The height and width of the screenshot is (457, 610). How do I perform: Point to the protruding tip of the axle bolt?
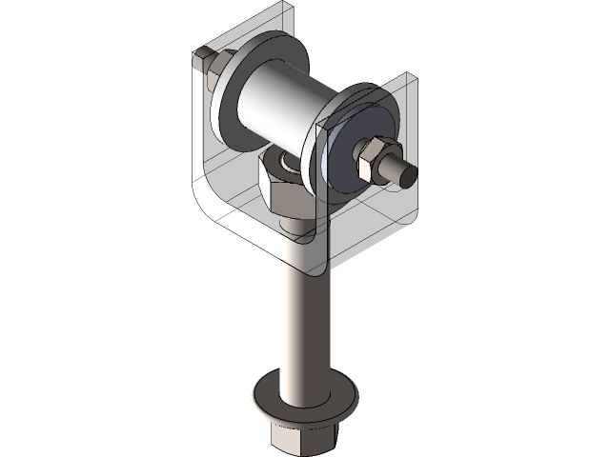(406, 174)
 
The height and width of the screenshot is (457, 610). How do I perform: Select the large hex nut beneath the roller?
(284, 186)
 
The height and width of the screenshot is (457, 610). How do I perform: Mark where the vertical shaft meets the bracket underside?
(303, 271)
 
